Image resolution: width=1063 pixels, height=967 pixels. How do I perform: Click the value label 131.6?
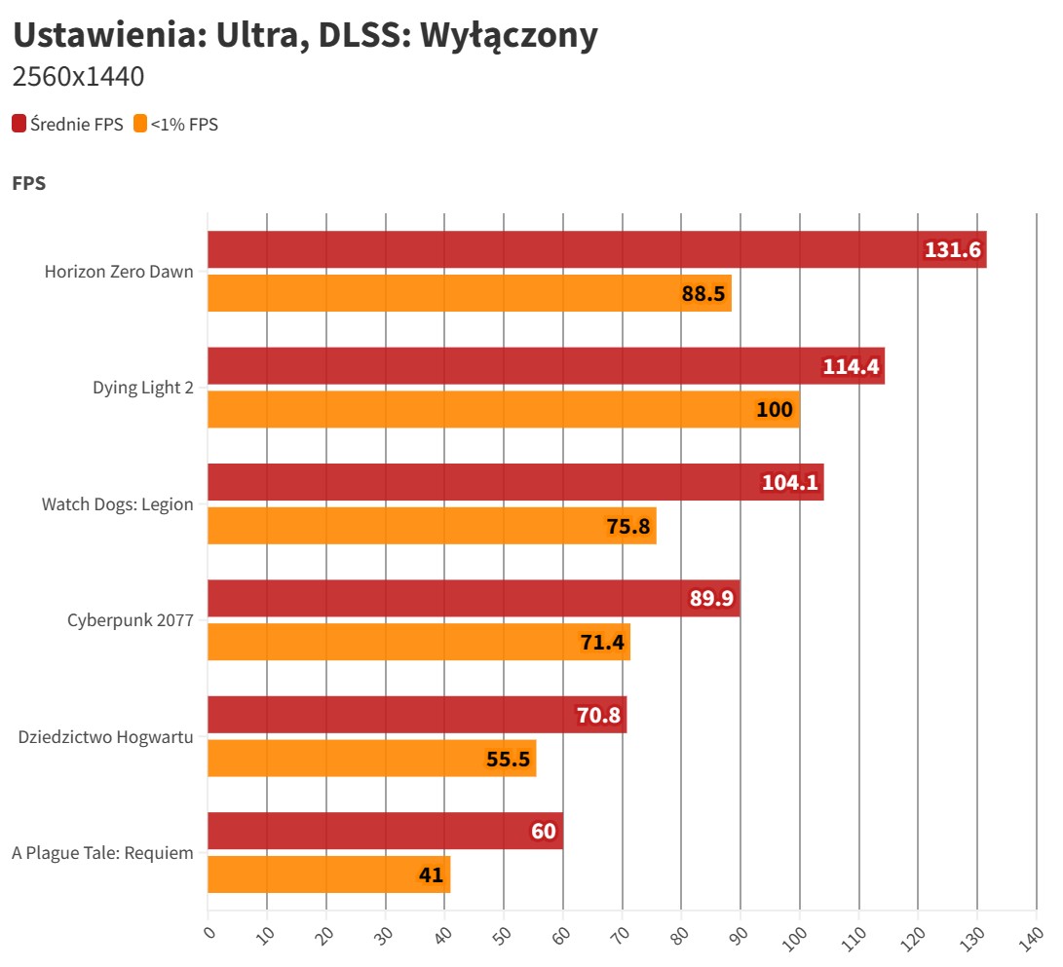point(953,250)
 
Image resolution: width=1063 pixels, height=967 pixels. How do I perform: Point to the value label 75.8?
point(628,526)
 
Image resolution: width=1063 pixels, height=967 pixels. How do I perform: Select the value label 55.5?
point(509,759)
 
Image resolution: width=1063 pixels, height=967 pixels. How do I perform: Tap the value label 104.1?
point(791,482)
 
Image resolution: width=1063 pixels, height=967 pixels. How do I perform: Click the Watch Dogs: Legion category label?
point(117,504)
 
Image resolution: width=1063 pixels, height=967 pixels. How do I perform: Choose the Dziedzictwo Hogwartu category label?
point(105,736)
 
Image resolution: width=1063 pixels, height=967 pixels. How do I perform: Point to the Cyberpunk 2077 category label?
point(130,620)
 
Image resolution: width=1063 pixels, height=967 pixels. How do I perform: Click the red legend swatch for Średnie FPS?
point(19,124)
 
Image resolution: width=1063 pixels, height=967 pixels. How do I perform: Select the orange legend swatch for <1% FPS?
point(140,124)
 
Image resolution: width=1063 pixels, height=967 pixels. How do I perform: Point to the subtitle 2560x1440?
point(78,76)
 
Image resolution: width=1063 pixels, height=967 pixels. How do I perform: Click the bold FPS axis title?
point(29,183)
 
